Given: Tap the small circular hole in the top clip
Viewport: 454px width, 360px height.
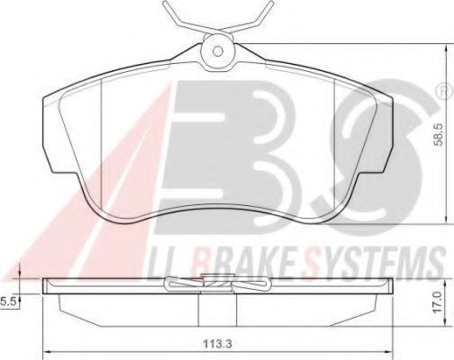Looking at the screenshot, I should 217,50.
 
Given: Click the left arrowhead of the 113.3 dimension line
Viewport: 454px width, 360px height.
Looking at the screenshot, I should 48,351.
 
